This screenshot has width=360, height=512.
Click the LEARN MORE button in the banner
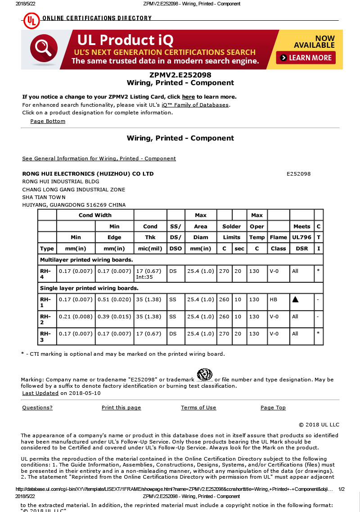(306, 58)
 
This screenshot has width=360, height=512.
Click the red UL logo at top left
(31, 20)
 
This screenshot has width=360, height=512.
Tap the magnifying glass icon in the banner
(43, 48)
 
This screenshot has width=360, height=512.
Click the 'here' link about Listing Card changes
(188, 97)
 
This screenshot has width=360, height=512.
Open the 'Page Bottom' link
(48, 121)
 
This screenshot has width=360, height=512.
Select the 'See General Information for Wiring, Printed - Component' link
(99, 159)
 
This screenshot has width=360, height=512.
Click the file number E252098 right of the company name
(298, 174)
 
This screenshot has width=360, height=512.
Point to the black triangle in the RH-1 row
(295, 299)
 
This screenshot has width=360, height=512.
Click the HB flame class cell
(273, 299)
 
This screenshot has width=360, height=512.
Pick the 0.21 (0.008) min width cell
(76, 317)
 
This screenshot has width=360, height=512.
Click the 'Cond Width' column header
(95, 215)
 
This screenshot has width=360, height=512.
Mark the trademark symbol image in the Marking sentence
(205, 374)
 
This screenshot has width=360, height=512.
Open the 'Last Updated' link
(40, 393)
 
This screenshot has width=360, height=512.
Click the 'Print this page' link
(121, 408)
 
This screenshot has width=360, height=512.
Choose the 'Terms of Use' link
(198, 408)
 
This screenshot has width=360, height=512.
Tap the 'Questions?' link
(37, 408)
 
